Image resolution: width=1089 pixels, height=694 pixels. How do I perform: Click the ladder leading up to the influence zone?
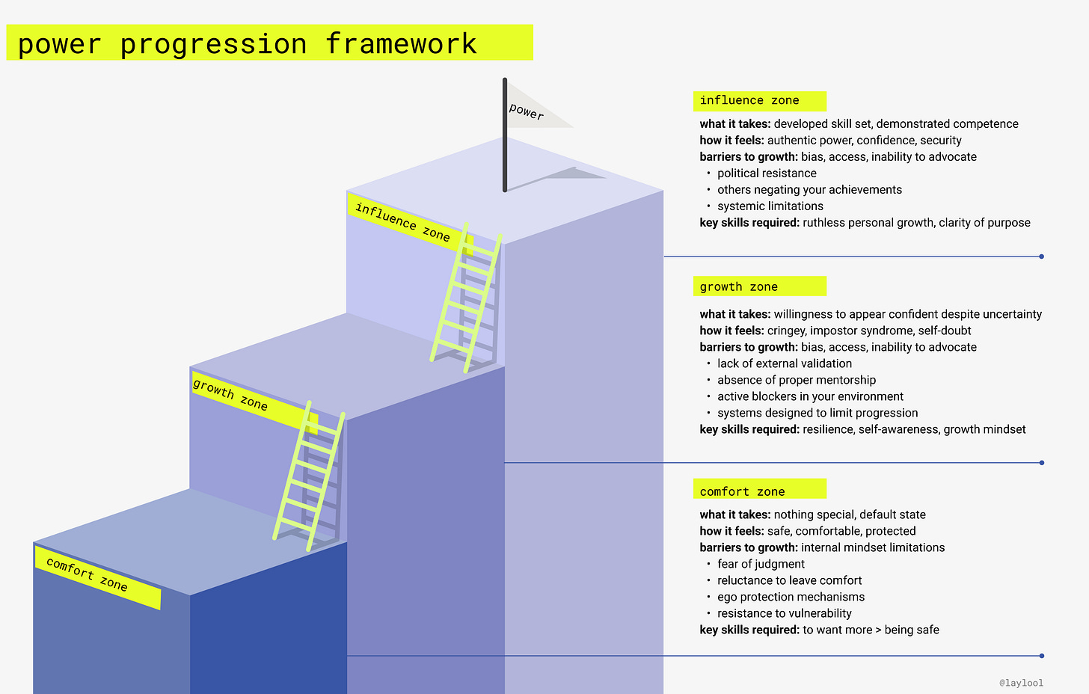464,298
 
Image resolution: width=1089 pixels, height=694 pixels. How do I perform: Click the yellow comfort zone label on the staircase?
96,577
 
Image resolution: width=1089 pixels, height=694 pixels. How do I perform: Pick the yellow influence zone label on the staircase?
407,223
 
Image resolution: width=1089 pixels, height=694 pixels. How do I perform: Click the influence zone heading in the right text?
749,100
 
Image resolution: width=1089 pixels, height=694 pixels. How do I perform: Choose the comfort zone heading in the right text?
743,491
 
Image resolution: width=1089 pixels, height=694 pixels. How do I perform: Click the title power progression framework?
248,44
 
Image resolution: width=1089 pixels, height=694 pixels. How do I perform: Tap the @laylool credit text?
1021,683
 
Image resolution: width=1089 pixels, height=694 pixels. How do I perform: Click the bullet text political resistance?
767,173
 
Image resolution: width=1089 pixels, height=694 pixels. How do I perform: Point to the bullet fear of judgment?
761,564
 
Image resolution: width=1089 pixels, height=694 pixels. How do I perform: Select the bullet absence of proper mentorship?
797,380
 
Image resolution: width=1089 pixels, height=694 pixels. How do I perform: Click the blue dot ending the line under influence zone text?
1042,257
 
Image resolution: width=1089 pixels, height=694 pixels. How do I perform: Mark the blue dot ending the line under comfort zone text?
1042,656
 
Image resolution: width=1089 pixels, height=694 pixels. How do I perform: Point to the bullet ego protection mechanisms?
791,597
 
